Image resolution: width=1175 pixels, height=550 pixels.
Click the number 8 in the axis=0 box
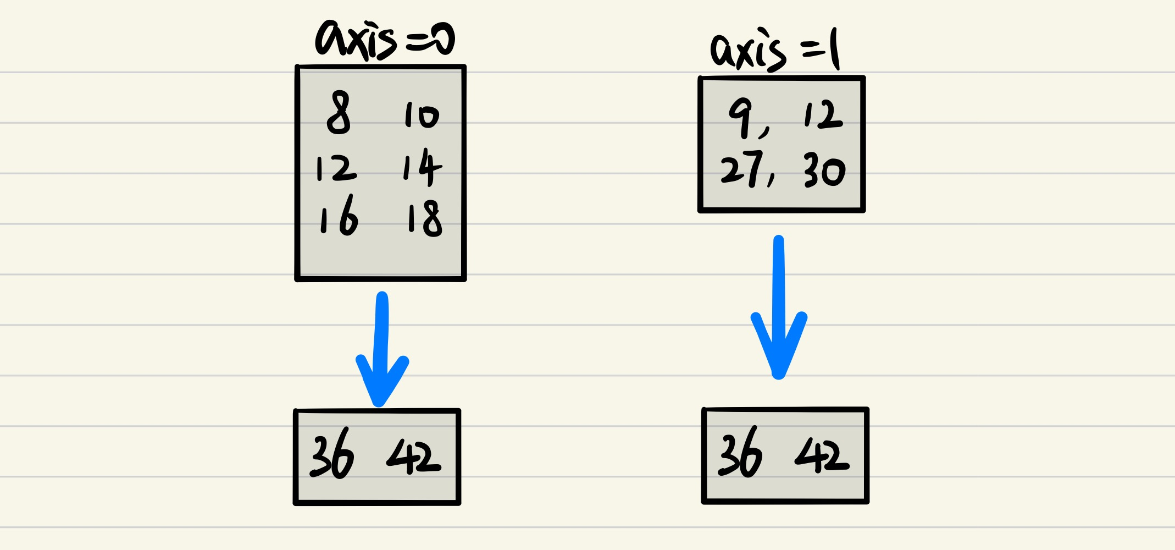pyautogui.click(x=339, y=113)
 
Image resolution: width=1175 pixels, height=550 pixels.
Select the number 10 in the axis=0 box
pyautogui.click(x=422, y=115)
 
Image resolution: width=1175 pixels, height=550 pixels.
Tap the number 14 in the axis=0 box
pyautogui.click(x=422, y=167)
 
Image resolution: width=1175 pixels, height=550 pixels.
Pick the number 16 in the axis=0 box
pyautogui.click(x=339, y=216)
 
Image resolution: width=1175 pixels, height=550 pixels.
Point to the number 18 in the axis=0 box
pyautogui.click(x=424, y=218)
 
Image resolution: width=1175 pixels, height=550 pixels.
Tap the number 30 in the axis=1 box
pyautogui.click(x=824, y=170)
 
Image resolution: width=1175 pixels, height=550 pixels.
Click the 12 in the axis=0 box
pyautogui.click(x=336, y=168)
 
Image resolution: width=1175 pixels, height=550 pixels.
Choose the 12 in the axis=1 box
pyautogui.click(x=823, y=116)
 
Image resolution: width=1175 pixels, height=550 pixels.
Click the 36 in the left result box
pyautogui.click(x=332, y=454)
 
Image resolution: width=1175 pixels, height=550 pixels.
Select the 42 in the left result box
pyautogui.click(x=414, y=456)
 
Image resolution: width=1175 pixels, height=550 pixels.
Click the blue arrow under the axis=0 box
pyautogui.click(x=381, y=352)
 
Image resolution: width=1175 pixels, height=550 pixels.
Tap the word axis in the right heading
pyautogui.click(x=748, y=51)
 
